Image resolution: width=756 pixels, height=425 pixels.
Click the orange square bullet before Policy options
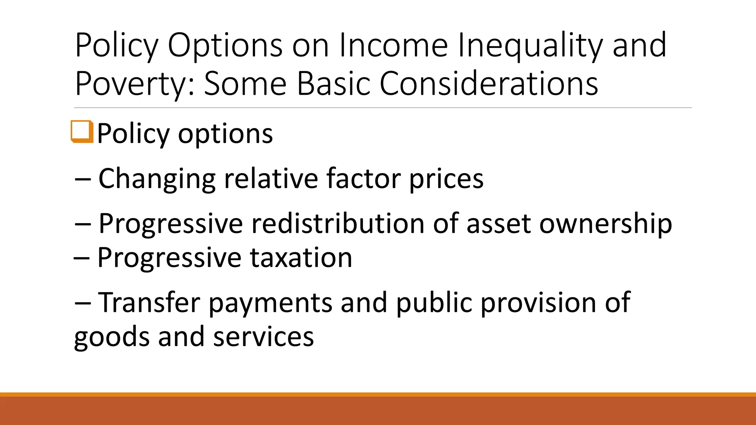(82, 131)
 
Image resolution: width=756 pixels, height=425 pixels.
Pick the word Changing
(157, 179)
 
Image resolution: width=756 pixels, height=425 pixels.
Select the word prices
(446, 179)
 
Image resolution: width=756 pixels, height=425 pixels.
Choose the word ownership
(605, 224)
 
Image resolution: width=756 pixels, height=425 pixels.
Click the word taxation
(301, 257)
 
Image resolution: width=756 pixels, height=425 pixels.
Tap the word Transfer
(150, 302)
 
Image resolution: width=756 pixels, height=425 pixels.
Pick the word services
(263, 336)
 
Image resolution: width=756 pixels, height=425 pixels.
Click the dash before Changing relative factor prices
(82, 179)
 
